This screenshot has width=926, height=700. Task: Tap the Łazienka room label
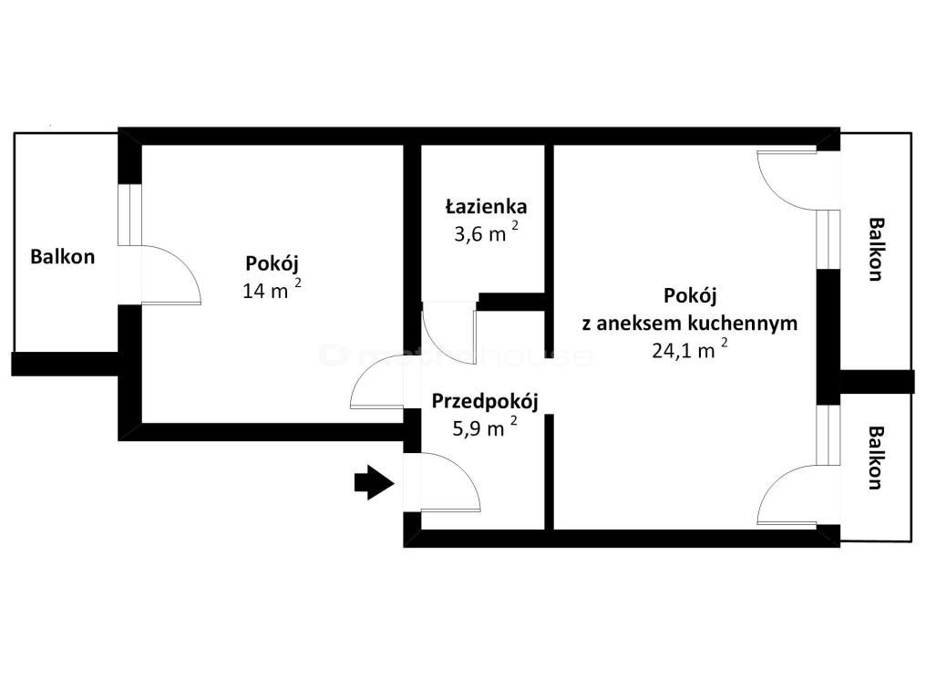486,206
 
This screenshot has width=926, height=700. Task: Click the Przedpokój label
486,401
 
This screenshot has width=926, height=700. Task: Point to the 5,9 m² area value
484,427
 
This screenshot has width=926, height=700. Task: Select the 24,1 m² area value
689,350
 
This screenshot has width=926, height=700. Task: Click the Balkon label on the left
62,256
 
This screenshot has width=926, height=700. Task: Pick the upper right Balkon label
876,249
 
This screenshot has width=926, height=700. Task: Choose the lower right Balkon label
876,458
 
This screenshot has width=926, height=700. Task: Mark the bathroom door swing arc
448,335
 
